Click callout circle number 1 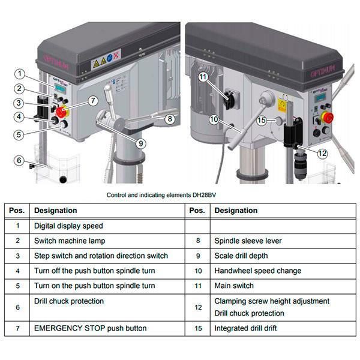[x=20, y=74]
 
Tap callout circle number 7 [x=92, y=101]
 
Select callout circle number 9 [x=140, y=143]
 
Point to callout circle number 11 [x=203, y=77]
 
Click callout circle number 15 [x=261, y=121]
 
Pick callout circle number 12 [x=323, y=153]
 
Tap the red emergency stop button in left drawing [x=62, y=111]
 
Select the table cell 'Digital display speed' [x=68, y=226]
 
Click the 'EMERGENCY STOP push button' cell [x=91, y=328]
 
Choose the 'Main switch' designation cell [x=234, y=286]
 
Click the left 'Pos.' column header [x=17, y=211]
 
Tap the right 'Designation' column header [x=236, y=211]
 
